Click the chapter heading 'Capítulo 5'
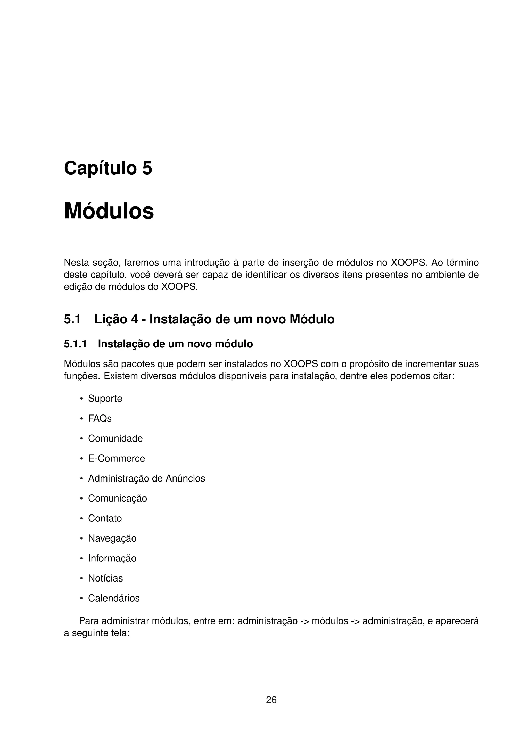pyautogui.click(x=108, y=168)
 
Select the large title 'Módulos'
pyautogui.click(x=109, y=211)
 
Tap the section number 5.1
pyautogui.click(x=72, y=319)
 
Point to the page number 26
pyautogui.click(x=271, y=700)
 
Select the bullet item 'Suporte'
pyautogui.click(x=105, y=399)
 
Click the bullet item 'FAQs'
pyautogui.click(x=100, y=418)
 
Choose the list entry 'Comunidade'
pyautogui.click(x=115, y=438)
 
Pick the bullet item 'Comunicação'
pyautogui.click(x=118, y=499)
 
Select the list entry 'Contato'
pyautogui.click(x=105, y=518)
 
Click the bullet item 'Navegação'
pyautogui.click(x=112, y=538)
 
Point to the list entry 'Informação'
pyautogui.click(x=112, y=558)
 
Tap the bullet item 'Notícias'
pyautogui.click(x=105, y=578)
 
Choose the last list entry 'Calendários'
pyautogui.click(x=114, y=598)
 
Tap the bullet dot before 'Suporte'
pyautogui.click(x=82, y=399)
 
